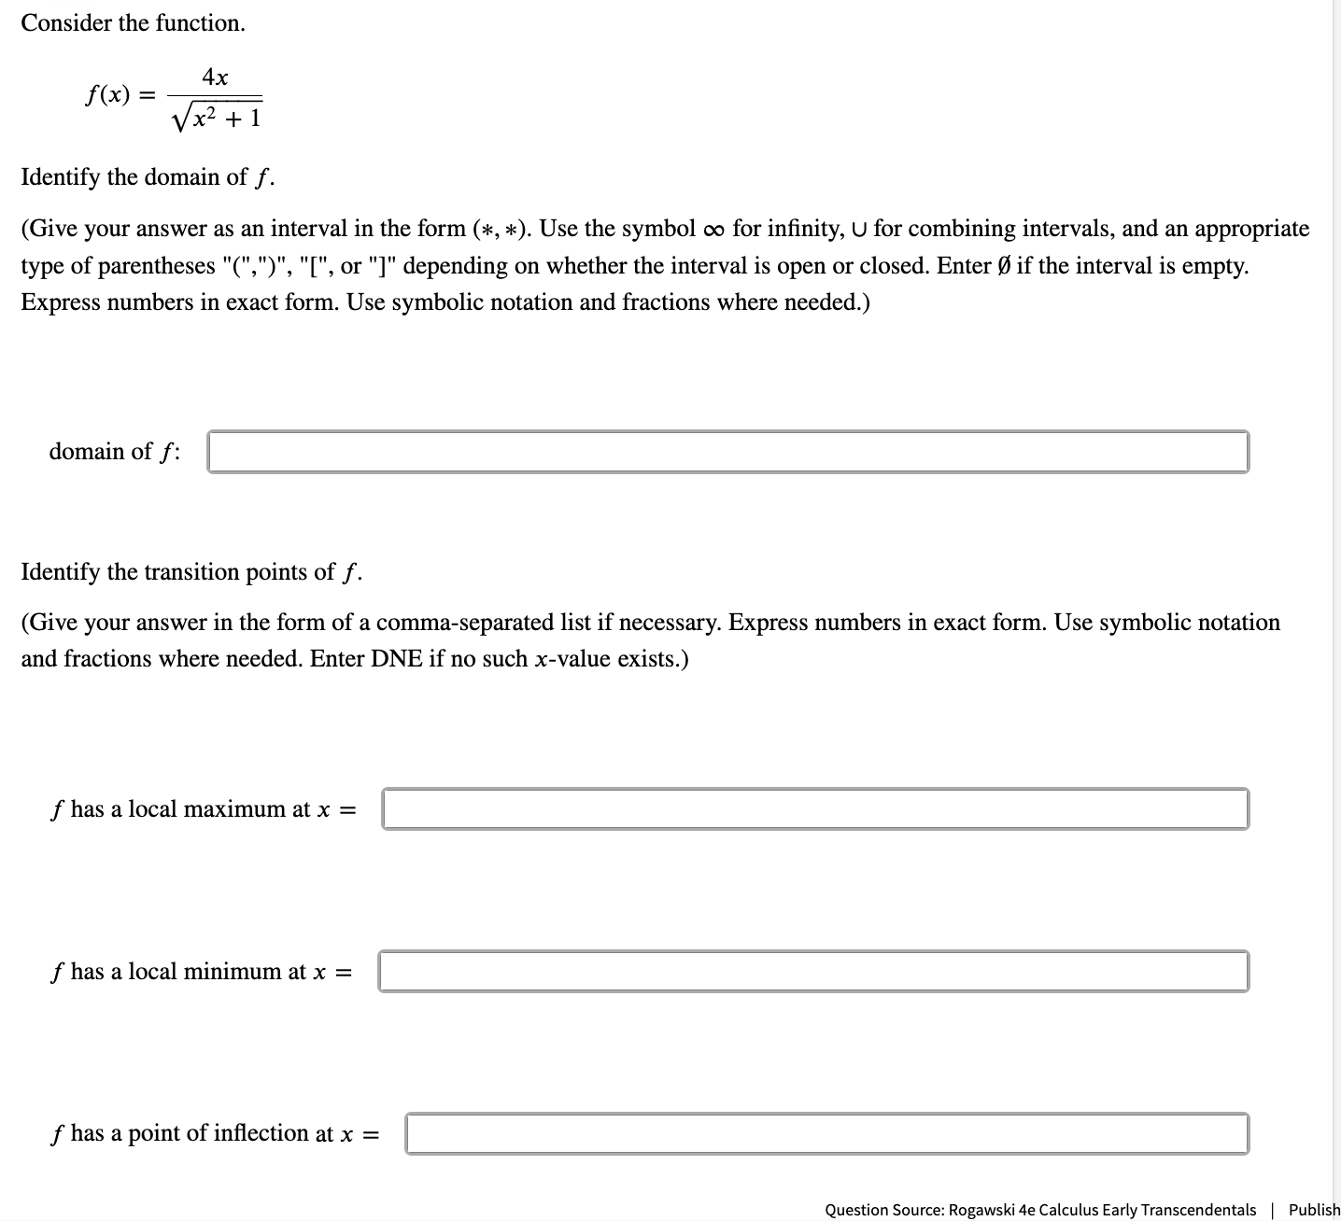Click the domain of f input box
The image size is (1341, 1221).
[x=727, y=452]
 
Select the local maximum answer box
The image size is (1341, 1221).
[x=814, y=808]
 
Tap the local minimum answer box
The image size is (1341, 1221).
[x=812, y=971]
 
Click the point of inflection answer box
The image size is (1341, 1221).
[x=826, y=1133]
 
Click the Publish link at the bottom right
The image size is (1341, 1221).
[x=1314, y=1210]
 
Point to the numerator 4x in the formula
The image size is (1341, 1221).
[x=216, y=77]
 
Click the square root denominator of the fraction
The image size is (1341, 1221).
[x=217, y=118]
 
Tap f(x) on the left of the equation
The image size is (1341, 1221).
[x=107, y=95]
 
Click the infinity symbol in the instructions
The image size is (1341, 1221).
[x=713, y=230]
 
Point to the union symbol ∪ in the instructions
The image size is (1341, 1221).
[x=859, y=230]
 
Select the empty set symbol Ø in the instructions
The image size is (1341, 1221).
[x=1003, y=266]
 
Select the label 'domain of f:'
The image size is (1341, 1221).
[x=115, y=452]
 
